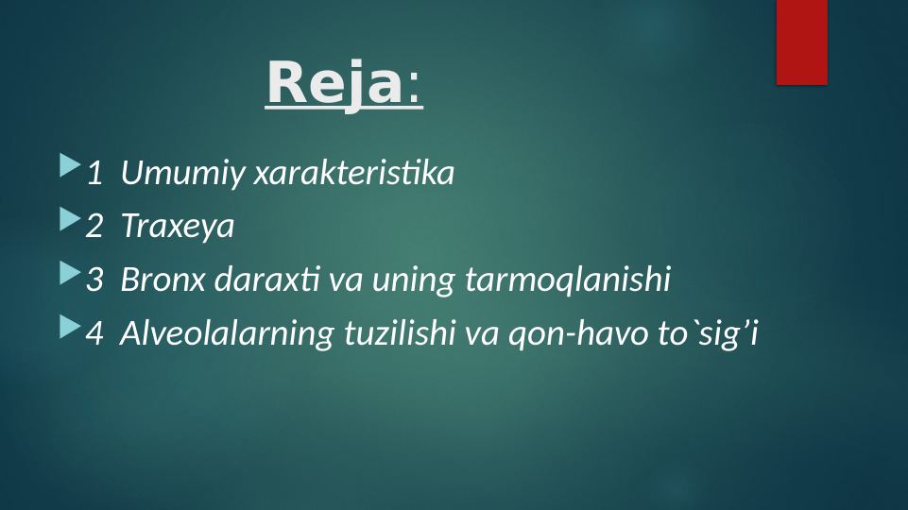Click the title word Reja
(334, 83)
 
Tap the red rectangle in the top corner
(801, 42)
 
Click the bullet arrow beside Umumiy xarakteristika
(70, 167)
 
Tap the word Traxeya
(177, 228)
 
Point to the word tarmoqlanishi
(567, 280)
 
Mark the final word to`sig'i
(708, 333)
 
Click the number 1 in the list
(94, 174)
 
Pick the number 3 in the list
(94, 280)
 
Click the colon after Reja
(416, 87)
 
